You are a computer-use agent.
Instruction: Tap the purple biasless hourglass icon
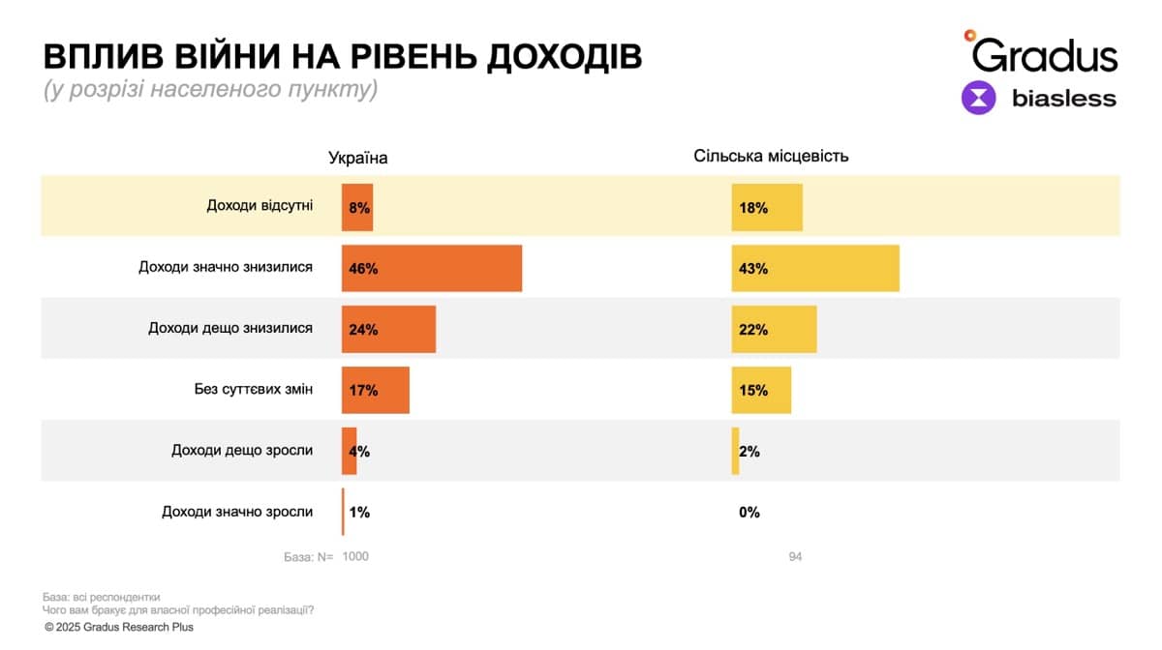coord(978,99)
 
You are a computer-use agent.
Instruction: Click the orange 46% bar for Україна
coord(432,268)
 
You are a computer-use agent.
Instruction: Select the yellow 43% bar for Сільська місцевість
coord(815,268)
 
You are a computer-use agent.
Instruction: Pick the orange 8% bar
coord(357,207)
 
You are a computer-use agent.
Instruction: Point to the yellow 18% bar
coord(767,207)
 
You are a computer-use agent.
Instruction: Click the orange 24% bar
coord(388,329)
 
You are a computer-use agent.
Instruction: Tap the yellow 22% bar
coord(774,329)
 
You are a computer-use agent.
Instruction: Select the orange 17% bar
coord(376,390)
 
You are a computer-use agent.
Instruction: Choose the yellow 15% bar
coord(761,390)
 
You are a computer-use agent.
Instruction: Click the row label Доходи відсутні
coord(260,205)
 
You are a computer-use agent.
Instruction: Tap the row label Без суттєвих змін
coord(253,389)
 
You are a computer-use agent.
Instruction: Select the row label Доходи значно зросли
coord(237,512)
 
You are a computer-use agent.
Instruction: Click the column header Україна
coord(358,158)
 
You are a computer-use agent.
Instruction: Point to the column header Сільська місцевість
coord(771,156)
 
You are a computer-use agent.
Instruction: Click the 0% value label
coord(749,513)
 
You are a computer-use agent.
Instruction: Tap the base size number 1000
coord(354,557)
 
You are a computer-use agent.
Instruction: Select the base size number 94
coord(795,557)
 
